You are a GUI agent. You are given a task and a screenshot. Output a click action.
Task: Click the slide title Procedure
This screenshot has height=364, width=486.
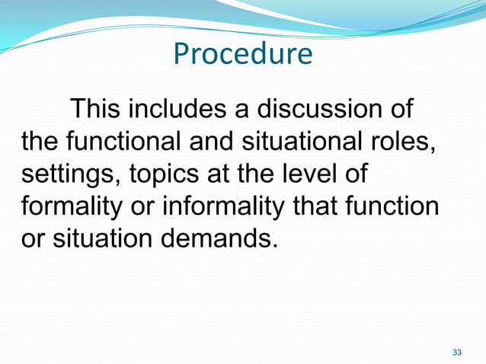click(x=242, y=54)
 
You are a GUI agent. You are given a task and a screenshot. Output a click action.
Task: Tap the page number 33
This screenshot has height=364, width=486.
click(x=457, y=352)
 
